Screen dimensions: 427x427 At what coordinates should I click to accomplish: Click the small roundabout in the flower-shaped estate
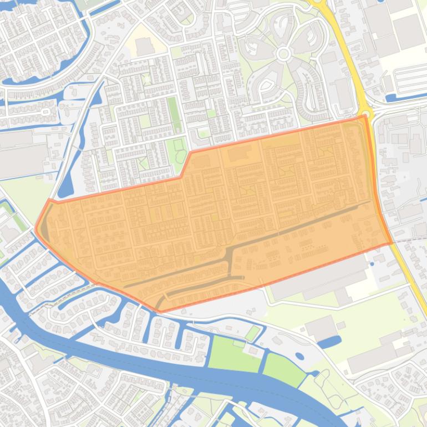click(284, 54)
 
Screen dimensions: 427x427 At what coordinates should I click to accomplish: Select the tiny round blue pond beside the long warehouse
click(372, 264)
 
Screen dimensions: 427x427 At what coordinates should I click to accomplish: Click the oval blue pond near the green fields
click(299, 356)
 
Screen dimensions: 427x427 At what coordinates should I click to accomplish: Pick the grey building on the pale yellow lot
click(145, 47)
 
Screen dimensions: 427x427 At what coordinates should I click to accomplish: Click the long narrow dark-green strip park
click(174, 114)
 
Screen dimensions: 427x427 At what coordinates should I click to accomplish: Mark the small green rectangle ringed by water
click(252, 333)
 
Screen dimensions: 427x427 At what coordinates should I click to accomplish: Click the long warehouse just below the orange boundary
click(319, 280)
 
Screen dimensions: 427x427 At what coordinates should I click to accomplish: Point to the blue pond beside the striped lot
click(398, 98)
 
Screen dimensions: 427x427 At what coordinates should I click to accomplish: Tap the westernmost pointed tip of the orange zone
click(36, 228)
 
